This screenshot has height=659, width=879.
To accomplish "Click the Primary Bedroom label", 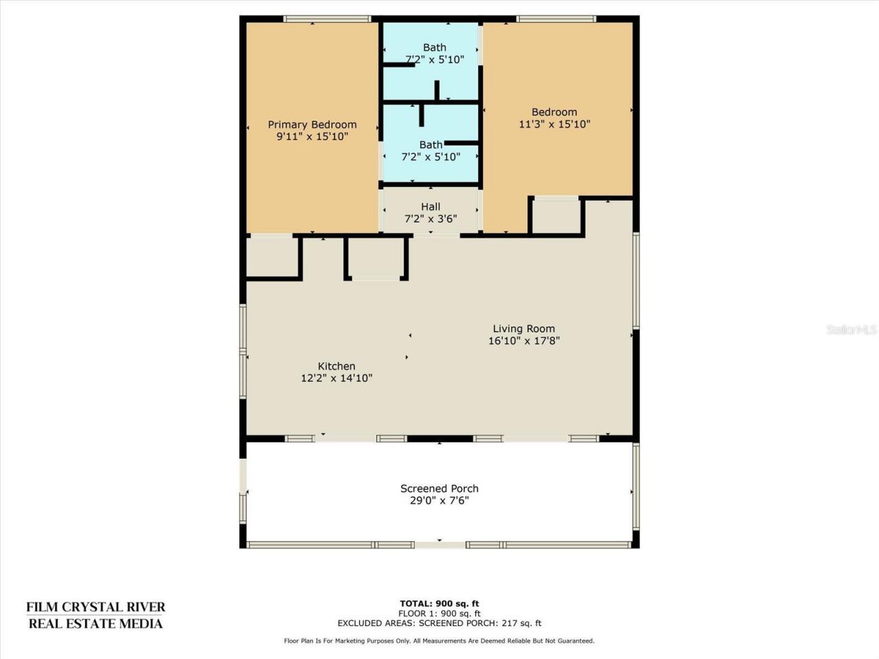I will click(312, 124).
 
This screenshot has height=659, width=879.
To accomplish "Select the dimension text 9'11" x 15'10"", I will click(312, 137).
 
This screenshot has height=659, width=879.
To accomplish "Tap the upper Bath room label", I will click(434, 47).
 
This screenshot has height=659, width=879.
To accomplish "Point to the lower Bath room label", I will click(431, 145).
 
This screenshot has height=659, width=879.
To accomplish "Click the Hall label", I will click(431, 207).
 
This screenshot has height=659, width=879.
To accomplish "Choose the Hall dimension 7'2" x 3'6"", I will click(431, 219).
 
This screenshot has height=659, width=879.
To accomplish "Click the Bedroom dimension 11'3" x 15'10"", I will click(554, 124).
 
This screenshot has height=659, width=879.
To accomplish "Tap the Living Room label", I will click(523, 329).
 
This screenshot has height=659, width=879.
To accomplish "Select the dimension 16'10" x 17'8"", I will click(523, 340).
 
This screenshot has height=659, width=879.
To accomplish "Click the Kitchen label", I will click(336, 366).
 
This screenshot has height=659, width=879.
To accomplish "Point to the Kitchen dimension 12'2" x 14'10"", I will click(336, 378).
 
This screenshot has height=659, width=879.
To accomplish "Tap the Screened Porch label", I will click(439, 489).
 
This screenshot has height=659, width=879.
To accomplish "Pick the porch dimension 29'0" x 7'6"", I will click(439, 500).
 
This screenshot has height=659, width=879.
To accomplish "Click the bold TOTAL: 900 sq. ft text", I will click(439, 604).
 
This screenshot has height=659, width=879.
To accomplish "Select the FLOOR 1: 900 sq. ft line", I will click(439, 614).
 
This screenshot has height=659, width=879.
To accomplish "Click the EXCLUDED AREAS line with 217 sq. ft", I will click(439, 623).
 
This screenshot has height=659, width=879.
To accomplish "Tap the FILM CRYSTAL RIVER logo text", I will click(95, 608).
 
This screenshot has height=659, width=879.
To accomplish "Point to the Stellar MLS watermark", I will click(852, 329).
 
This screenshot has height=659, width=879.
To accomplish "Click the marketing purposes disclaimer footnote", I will click(439, 641).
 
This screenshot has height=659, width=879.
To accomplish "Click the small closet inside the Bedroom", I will click(556, 216).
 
